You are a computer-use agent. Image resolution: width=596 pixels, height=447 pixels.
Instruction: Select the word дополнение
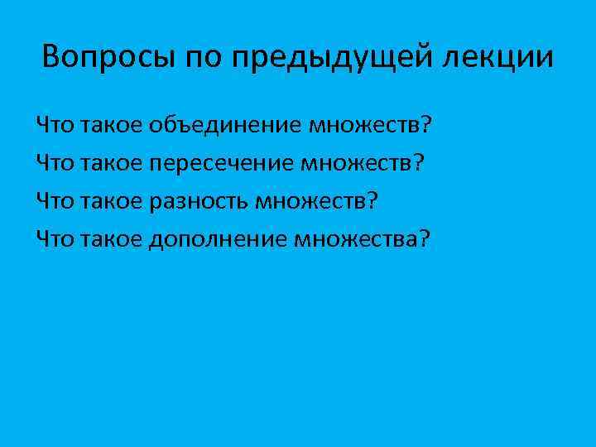219,238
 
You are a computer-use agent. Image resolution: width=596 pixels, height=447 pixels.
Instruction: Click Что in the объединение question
55,126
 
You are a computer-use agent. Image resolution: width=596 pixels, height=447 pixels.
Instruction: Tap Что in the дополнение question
55,238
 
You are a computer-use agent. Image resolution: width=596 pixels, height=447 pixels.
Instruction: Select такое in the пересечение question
112,163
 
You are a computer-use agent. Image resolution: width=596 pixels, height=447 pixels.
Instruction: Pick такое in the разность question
112,201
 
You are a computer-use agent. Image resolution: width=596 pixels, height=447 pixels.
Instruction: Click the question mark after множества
424,238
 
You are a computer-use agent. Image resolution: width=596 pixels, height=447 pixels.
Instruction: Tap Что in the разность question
55,201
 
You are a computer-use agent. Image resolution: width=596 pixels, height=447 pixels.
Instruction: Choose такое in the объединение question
112,126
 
